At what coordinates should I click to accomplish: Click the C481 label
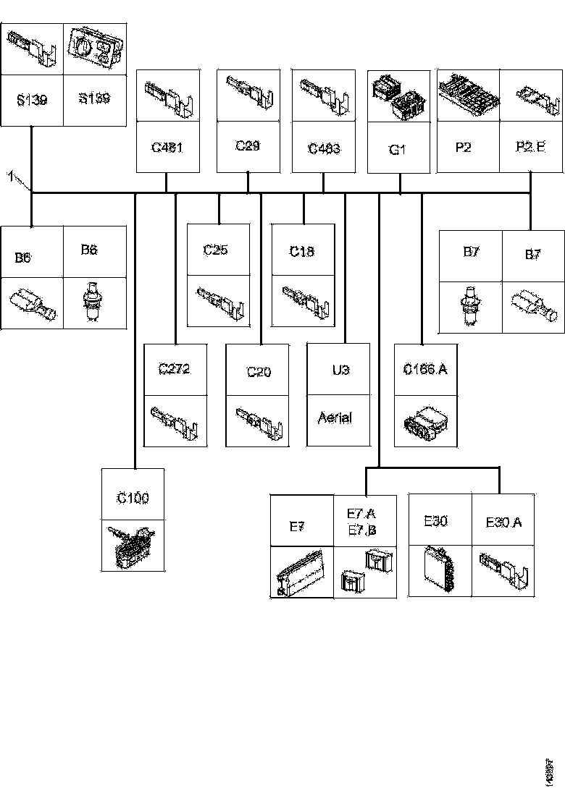coord(167,148)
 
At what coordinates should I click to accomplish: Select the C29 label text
coord(248,145)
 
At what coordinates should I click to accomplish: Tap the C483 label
coord(323,148)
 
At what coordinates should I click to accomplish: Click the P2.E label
coord(531,147)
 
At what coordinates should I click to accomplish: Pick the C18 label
coord(302,252)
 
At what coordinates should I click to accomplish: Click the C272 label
coord(174,369)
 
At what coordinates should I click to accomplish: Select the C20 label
coord(258,372)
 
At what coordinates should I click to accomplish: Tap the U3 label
coord(340,369)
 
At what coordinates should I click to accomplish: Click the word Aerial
coord(335,418)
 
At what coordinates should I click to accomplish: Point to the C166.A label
coord(425,370)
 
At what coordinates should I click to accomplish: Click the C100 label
coord(133,498)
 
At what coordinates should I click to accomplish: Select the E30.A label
coord(503,522)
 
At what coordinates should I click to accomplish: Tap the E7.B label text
coord(362,530)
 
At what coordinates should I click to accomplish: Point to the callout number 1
coord(10,174)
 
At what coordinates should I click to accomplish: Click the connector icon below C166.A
coord(425,421)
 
